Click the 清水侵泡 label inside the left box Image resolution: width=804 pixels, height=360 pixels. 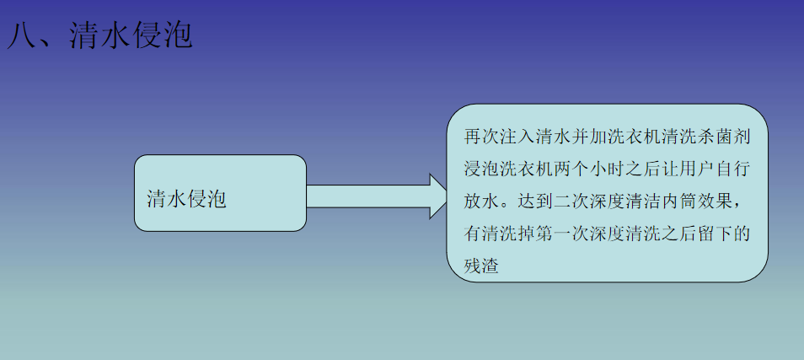[x=186, y=199]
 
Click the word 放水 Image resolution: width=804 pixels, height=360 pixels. [x=481, y=202]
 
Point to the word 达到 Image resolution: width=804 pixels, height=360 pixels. [x=536, y=202]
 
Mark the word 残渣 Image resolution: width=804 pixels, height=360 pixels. [x=481, y=267]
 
